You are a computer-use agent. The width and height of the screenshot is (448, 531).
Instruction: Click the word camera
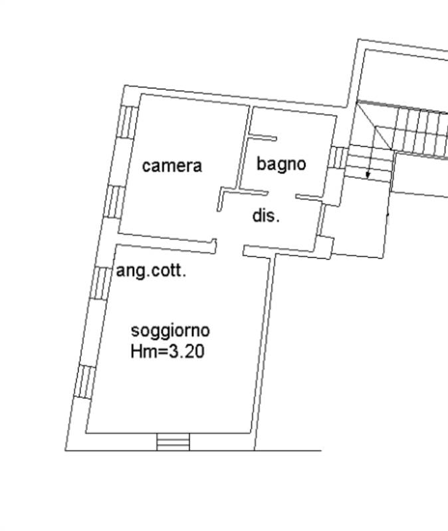[x=172, y=166]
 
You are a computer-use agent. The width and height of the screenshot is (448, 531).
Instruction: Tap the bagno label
[x=281, y=164]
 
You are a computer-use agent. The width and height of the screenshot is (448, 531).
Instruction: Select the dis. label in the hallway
[x=267, y=215]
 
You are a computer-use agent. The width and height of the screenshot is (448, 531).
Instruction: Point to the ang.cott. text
[x=151, y=271]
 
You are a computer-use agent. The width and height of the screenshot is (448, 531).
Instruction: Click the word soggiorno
[x=170, y=331]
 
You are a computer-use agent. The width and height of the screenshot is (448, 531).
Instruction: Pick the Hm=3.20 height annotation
[x=168, y=351]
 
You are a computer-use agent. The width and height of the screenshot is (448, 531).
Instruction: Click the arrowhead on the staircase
[x=368, y=175]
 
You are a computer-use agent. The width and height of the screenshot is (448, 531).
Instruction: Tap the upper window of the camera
[x=128, y=122]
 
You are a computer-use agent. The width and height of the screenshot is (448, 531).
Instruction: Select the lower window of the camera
[x=114, y=202]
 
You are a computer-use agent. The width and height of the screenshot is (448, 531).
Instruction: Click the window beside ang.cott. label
[x=100, y=283]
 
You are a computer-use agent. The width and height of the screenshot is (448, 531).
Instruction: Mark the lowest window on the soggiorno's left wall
[x=85, y=382]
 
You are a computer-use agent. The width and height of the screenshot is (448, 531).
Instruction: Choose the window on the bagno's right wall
[x=338, y=157]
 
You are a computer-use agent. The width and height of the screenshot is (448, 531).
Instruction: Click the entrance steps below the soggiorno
[x=173, y=442]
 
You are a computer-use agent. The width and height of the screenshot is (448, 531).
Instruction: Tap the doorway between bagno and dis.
[x=282, y=194]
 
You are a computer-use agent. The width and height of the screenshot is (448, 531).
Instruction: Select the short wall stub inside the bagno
[x=262, y=137]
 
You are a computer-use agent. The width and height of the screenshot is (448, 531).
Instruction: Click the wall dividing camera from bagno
[x=245, y=147]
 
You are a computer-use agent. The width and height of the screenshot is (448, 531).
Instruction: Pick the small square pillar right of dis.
[x=325, y=245]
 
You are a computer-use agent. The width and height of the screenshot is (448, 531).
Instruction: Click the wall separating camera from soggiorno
[x=167, y=242]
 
